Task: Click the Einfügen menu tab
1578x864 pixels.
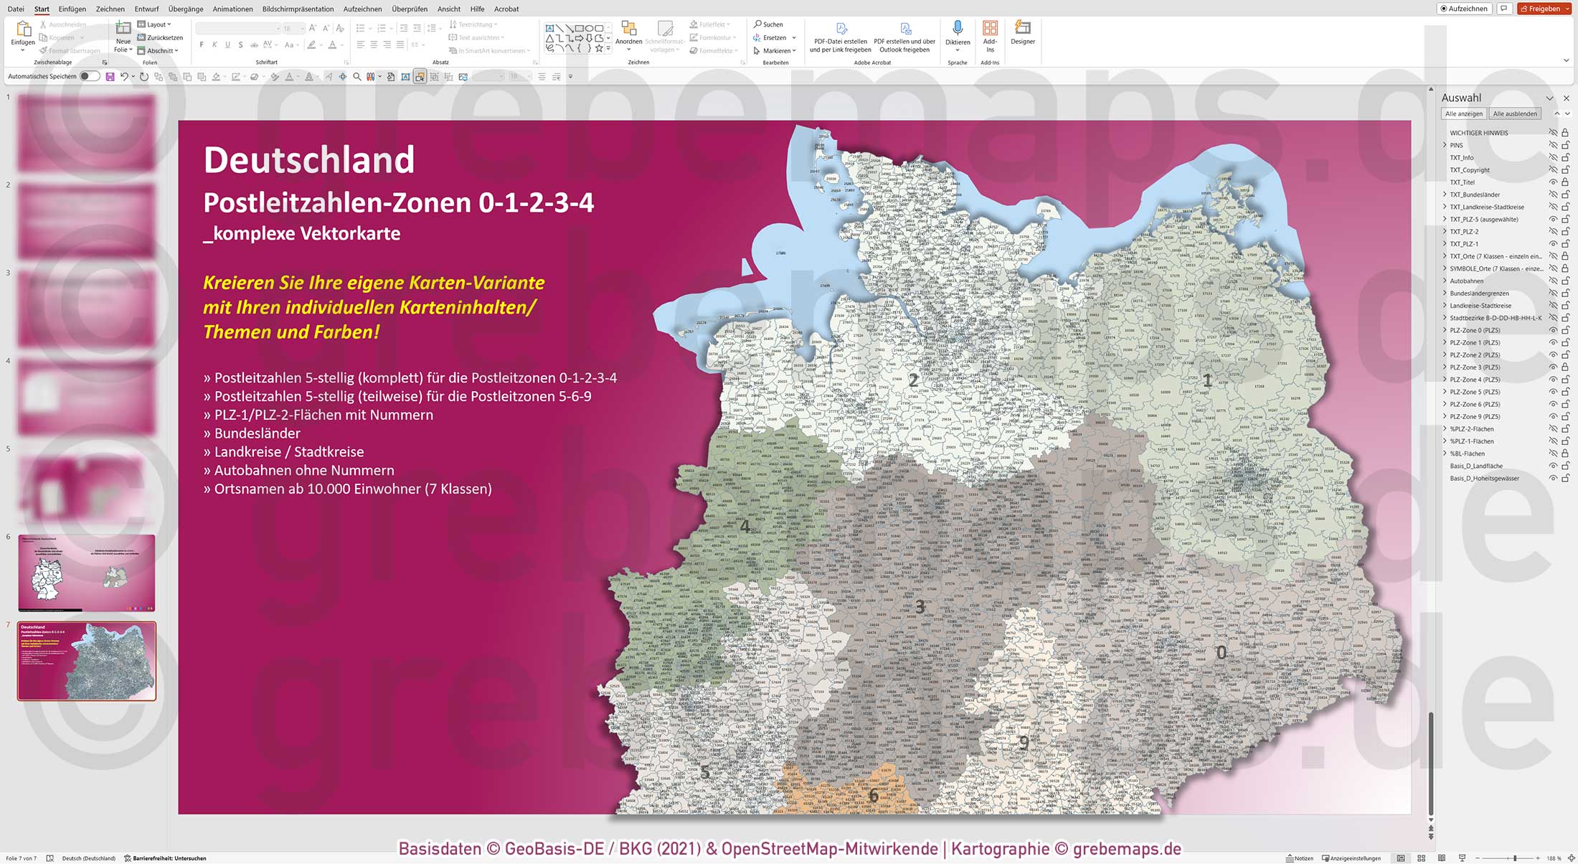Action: [x=72, y=9]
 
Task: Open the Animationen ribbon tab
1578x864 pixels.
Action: [x=232, y=9]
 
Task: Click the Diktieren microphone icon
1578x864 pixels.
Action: [x=957, y=29]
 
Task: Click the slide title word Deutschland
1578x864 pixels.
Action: [x=309, y=160]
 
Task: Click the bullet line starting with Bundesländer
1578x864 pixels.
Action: [x=257, y=433]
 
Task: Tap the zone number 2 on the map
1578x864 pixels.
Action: [x=913, y=380]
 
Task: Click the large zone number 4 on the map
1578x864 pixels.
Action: [x=745, y=526]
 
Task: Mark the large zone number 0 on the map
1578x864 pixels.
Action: [x=1221, y=652]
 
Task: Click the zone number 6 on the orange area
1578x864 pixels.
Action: [x=873, y=795]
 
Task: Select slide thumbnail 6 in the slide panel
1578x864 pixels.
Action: [x=86, y=573]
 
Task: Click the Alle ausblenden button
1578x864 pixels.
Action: [x=1514, y=113]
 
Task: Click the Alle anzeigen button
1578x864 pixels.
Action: [x=1463, y=113]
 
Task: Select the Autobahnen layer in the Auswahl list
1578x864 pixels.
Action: [x=1466, y=281]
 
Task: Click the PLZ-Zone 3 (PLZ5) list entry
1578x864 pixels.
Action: [x=1474, y=367]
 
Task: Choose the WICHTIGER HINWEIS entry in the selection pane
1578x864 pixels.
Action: [x=1478, y=133]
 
